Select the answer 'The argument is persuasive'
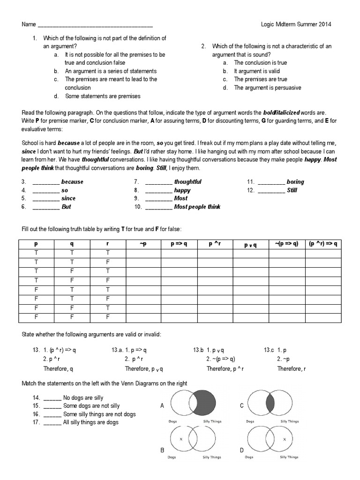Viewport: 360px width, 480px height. (267, 88)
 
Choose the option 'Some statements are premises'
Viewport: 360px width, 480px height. (103, 96)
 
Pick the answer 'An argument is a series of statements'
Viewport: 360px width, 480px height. (111, 71)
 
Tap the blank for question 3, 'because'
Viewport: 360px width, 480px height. (45, 182)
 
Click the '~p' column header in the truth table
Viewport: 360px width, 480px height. (143, 244)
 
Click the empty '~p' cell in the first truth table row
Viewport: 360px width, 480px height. (143, 254)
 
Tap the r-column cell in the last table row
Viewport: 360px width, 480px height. (107, 317)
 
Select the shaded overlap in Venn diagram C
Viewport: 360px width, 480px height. (270, 403)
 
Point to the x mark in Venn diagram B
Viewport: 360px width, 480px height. (180, 439)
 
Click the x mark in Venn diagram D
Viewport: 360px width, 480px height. (285, 439)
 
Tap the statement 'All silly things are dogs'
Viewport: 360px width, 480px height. (90, 422)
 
